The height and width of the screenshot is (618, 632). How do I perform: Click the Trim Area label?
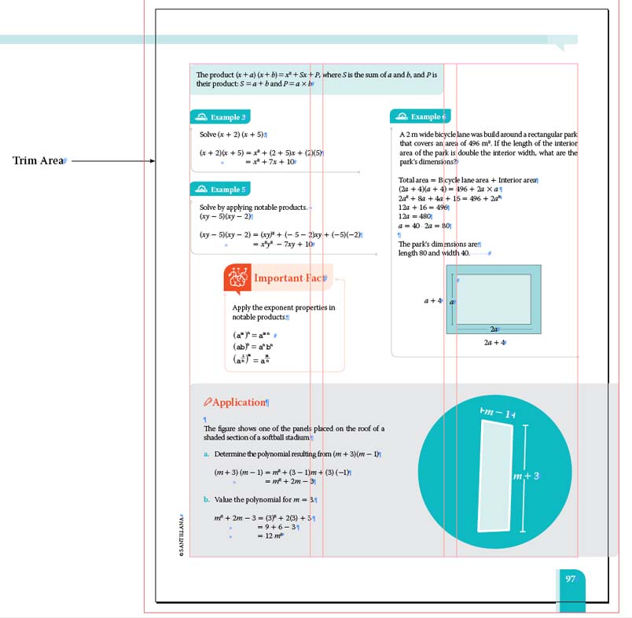pos(39,161)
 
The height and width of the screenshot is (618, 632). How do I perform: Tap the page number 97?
pos(571,579)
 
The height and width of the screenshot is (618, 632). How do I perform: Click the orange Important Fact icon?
pos(237,278)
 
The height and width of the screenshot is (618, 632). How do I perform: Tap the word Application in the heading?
pos(240,403)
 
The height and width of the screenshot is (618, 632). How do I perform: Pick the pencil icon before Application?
pos(208,403)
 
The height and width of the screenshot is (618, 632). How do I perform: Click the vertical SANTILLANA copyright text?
pos(182,535)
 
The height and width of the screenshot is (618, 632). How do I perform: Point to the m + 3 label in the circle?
pos(527,476)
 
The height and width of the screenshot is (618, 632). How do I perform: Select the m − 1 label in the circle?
pos(497,414)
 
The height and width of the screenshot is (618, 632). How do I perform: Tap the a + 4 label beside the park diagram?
pos(434,300)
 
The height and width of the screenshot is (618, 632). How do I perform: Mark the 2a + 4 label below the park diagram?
pos(494,343)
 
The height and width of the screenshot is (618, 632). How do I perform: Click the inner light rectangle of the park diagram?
pos(493,299)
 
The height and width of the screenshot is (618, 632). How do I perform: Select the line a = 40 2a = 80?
pos(424,226)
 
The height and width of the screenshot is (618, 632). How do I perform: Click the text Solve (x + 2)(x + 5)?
pos(233,134)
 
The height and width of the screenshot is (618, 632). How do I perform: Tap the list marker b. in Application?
pos(207,500)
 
